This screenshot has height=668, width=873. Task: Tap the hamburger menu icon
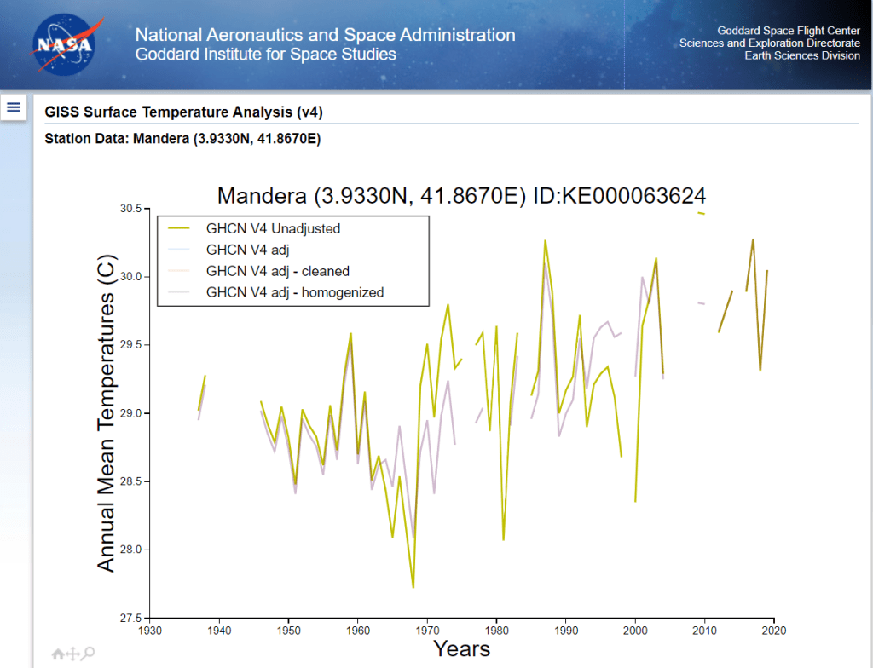[x=14, y=107]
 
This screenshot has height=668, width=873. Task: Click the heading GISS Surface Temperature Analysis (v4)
[x=183, y=112]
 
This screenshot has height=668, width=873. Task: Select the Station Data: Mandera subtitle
[x=182, y=138]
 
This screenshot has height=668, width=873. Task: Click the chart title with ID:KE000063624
[x=461, y=195]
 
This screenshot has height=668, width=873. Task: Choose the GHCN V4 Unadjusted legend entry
[x=273, y=228]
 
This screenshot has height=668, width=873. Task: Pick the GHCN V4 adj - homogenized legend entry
[x=294, y=292]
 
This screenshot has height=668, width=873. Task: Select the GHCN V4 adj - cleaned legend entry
[x=277, y=271]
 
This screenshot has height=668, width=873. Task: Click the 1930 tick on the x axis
[x=150, y=631]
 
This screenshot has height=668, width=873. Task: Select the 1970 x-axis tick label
[x=428, y=631]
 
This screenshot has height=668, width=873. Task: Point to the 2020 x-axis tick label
[x=774, y=631]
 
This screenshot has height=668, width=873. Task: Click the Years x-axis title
[x=461, y=649]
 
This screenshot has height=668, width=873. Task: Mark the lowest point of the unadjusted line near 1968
[x=413, y=588]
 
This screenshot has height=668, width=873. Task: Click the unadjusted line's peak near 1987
[x=545, y=240]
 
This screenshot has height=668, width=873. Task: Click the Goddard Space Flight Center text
[x=789, y=31]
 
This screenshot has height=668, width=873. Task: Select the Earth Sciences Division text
[x=802, y=55]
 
